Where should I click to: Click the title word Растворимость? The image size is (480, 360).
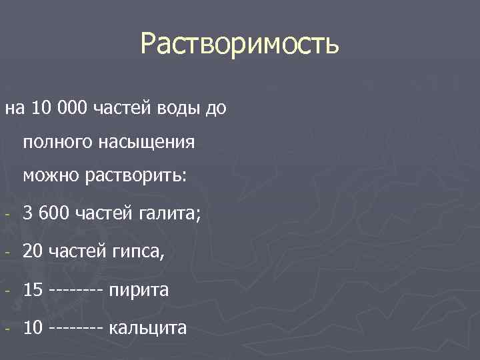tap(240, 45)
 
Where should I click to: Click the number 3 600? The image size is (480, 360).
tap(46, 213)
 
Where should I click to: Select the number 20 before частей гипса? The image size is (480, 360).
tap(32, 252)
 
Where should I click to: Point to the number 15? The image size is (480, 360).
tap(32, 291)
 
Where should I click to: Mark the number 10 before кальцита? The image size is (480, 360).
tap(32, 329)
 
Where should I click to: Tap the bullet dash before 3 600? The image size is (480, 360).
tap(6, 215)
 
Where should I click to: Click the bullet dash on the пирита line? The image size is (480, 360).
tap(6, 292)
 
